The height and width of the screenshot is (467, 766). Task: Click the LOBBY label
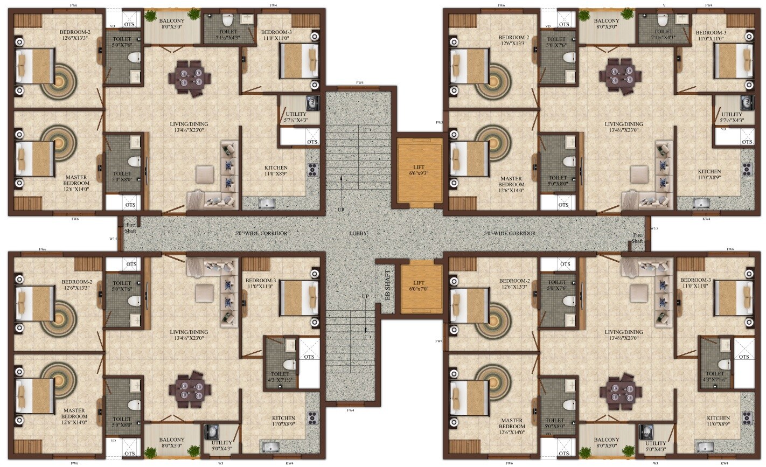point(358,233)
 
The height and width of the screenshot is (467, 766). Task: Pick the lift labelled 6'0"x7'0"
point(419,286)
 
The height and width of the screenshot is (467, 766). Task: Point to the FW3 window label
point(439,123)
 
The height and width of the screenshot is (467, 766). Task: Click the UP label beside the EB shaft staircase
point(365,296)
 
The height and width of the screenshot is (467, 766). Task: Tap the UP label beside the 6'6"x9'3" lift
point(340,209)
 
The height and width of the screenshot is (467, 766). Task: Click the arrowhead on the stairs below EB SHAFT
point(365,330)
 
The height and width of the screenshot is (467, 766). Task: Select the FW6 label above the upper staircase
point(360,82)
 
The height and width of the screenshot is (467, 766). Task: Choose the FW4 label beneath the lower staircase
point(351,410)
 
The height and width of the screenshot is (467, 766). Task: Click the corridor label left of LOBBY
point(261,233)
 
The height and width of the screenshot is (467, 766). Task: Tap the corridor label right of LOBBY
point(510,233)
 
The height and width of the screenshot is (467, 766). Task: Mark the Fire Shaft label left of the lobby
point(131,227)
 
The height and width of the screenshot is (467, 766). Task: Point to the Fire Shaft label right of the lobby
point(637,239)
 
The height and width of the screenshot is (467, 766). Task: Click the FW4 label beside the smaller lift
point(438,341)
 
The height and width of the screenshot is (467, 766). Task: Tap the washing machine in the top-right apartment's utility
point(746,102)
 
